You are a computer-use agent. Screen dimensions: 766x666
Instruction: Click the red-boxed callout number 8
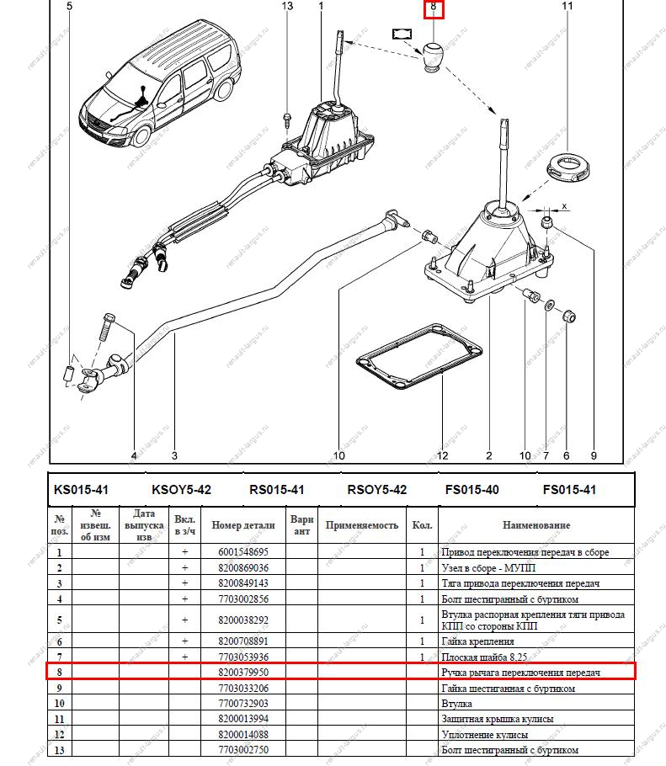coord(433,8)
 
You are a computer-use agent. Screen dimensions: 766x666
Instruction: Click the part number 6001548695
coord(242,552)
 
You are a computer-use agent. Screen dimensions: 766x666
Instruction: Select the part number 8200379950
coord(242,673)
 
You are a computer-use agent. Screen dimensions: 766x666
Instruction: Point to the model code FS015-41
coord(568,489)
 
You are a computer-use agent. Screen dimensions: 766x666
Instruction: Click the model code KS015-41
coord(81,489)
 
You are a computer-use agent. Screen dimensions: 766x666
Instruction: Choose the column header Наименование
coord(536,525)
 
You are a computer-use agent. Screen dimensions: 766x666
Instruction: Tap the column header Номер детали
coord(242,525)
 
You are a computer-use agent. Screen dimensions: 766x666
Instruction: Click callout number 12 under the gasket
coord(442,455)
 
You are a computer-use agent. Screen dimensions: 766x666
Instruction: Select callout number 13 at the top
coord(287,7)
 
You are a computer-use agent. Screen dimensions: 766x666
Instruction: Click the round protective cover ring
coord(566,162)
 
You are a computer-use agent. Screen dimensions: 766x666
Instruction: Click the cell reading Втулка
coord(456,704)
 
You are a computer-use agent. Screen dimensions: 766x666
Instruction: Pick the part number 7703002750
coord(242,749)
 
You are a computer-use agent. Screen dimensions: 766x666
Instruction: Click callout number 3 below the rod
coord(174,455)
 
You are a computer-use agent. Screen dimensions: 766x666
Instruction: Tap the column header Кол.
coord(422,525)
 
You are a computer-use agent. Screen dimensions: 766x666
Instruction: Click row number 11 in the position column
coord(59,719)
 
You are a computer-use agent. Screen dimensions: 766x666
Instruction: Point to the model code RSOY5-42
coord(376,489)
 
